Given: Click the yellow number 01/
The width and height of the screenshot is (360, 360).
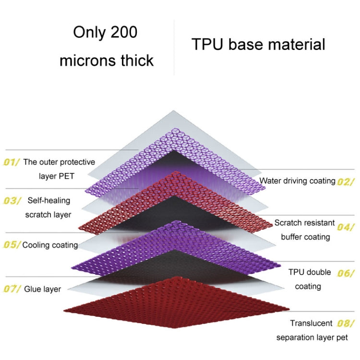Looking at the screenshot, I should coord(12,162).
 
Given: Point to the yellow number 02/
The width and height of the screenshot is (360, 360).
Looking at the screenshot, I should coord(346,181).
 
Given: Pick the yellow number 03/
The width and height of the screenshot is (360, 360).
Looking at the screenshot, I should coord(12,200).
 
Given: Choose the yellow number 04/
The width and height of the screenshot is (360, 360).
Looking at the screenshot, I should coord(346,227).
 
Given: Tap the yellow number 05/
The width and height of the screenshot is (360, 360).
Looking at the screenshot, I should coord(12,245).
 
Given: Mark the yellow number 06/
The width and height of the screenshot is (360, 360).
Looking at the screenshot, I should coord(346,273).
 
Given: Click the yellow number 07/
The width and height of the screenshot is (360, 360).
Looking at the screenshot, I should coord(12,289).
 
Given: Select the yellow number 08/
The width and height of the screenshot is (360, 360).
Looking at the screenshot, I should coord(346,323).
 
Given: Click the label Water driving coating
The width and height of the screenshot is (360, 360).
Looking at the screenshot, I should coord(297,181).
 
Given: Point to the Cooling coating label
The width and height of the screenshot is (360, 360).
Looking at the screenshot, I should coord(50,245).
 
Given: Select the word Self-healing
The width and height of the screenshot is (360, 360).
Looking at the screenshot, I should coord(49,200).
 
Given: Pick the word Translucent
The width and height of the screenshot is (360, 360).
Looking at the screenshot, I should coord(311,323).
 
